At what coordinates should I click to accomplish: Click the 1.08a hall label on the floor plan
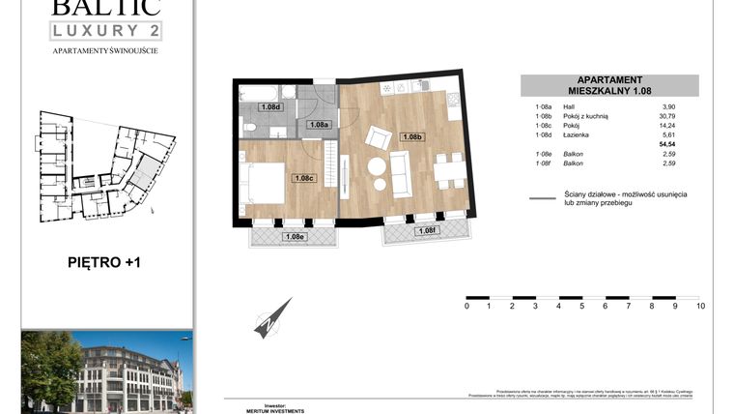click(318, 125)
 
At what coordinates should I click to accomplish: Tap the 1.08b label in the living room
click(412, 137)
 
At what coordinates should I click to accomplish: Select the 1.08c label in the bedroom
click(304, 178)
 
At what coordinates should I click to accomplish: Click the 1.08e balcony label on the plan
click(295, 236)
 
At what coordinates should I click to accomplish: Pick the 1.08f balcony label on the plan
click(425, 230)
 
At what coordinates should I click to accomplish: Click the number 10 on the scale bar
click(699, 307)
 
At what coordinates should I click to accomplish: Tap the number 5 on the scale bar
click(582, 307)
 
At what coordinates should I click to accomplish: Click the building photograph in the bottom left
click(106, 370)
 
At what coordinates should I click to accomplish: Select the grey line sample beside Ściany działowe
click(543, 200)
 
